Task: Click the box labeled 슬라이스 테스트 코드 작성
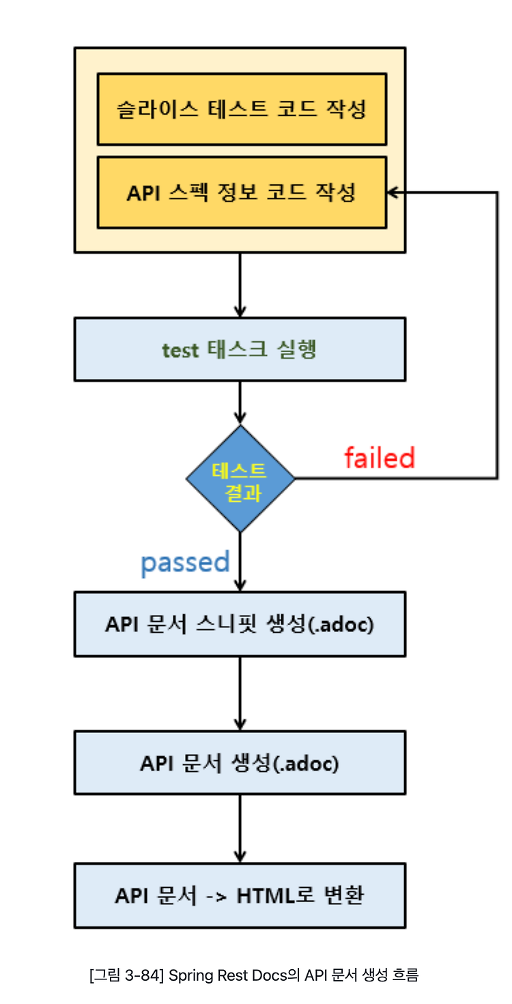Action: pos(242,109)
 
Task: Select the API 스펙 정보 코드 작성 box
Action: pos(242,192)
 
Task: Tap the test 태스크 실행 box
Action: pos(240,349)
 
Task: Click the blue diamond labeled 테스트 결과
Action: pos(240,478)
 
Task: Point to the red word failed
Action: pos(380,457)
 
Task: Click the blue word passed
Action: pos(185,563)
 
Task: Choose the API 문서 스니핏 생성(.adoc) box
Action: pos(240,625)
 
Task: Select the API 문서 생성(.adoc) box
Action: pos(240,763)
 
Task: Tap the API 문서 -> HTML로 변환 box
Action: pos(240,895)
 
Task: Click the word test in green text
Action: pos(180,351)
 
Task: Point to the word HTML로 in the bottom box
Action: pos(275,896)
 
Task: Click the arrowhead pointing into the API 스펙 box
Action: pos(393,192)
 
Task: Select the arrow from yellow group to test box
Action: pos(240,285)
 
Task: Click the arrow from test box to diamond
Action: pos(240,403)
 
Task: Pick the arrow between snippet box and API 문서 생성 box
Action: pos(240,694)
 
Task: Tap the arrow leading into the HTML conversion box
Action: pos(240,829)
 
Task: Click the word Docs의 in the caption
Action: pos(276,975)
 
